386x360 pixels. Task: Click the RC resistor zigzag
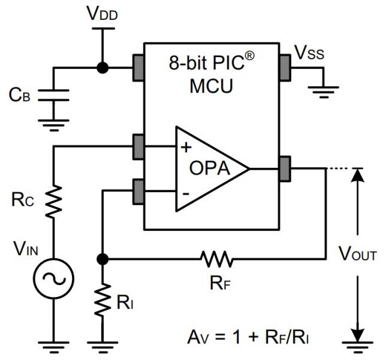pyautogui.click(x=54, y=201)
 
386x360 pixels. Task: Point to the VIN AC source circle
pyautogui.click(x=54, y=279)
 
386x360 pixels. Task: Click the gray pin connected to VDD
pyautogui.click(x=138, y=67)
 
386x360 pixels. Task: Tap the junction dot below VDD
pyautogui.click(x=103, y=67)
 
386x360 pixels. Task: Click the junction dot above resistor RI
pyautogui.click(x=103, y=259)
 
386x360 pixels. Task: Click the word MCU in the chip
pyautogui.click(x=212, y=85)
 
